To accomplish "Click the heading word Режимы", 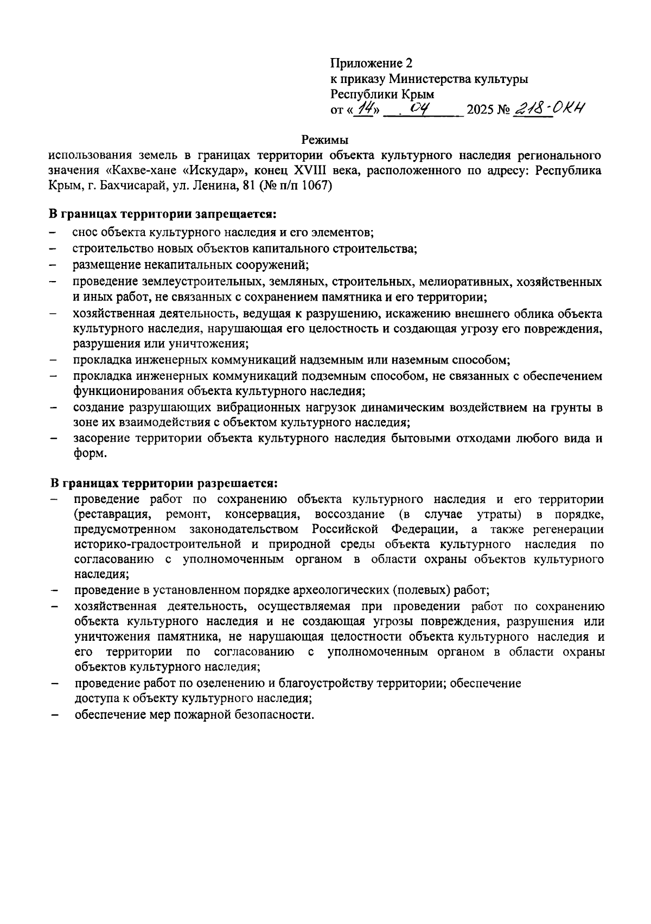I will point(325,139).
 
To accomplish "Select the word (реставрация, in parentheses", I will point(112,514).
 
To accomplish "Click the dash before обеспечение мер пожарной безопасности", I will point(54,715).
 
